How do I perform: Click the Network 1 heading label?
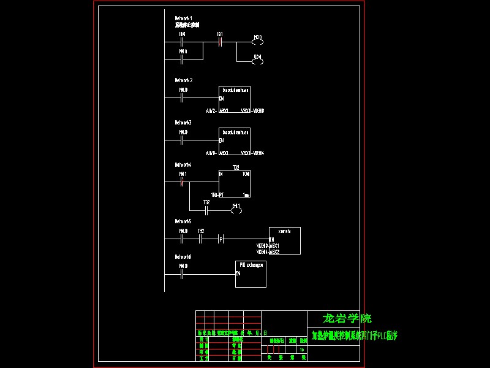pyautogui.click(x=184, y=19)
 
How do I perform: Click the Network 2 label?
pyautogui.click(x=184, y=80)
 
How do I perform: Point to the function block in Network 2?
pyautogui.click(x=235, y=100)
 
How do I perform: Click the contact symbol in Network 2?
pyautogui.click(x=183, y=98)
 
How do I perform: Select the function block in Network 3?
pyautogui.click(x=235, y=142)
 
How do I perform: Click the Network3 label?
pyautogui.click(x=183, y=123)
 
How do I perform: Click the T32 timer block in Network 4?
pyautogui.click(x=235, y=183)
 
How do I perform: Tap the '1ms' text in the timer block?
pyautogui.click(x=246, y=195)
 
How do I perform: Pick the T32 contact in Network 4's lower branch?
pyautogui.click(x=206, y=210)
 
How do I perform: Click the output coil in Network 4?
pyautogui.click(x=236, y=210)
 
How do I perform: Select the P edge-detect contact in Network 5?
pyautogui.click(x=221, y=239)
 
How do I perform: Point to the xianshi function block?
pyautogui.click(x=285, y=240)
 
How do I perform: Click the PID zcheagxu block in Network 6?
pyautogui.click(x=251, y=274)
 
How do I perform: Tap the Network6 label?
pyautogui.click(x=183, y=257)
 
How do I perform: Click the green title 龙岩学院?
pyautogui.click(x=347, y=318)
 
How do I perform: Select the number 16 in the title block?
pyautogui.click(x=302, y=349)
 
